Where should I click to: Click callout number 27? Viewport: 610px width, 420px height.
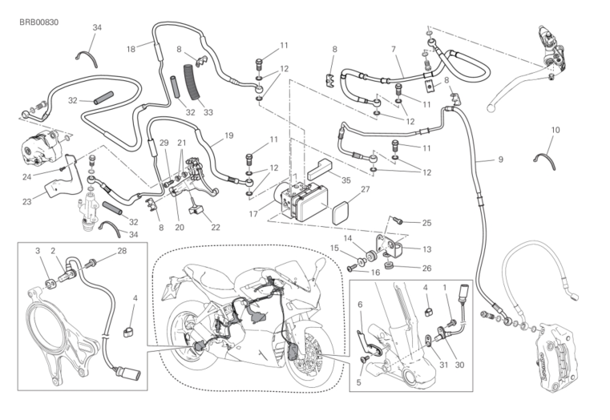coord(365,190)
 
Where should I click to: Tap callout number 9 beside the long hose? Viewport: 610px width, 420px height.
coord(500,160)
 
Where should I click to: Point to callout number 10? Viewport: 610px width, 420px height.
coord(555,129)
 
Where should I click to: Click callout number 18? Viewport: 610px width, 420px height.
coord(131,48)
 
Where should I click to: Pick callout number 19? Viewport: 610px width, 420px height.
coord(229,135)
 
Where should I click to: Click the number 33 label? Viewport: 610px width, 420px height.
coord(208,113)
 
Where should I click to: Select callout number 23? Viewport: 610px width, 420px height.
coord(28,201)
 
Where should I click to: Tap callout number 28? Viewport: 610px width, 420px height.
coord(122,252)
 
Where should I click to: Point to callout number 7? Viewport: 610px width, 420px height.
coord(394,50)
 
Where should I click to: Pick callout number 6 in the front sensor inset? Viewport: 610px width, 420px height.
coord(360,304)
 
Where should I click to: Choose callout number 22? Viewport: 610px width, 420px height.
coord(215,228)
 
